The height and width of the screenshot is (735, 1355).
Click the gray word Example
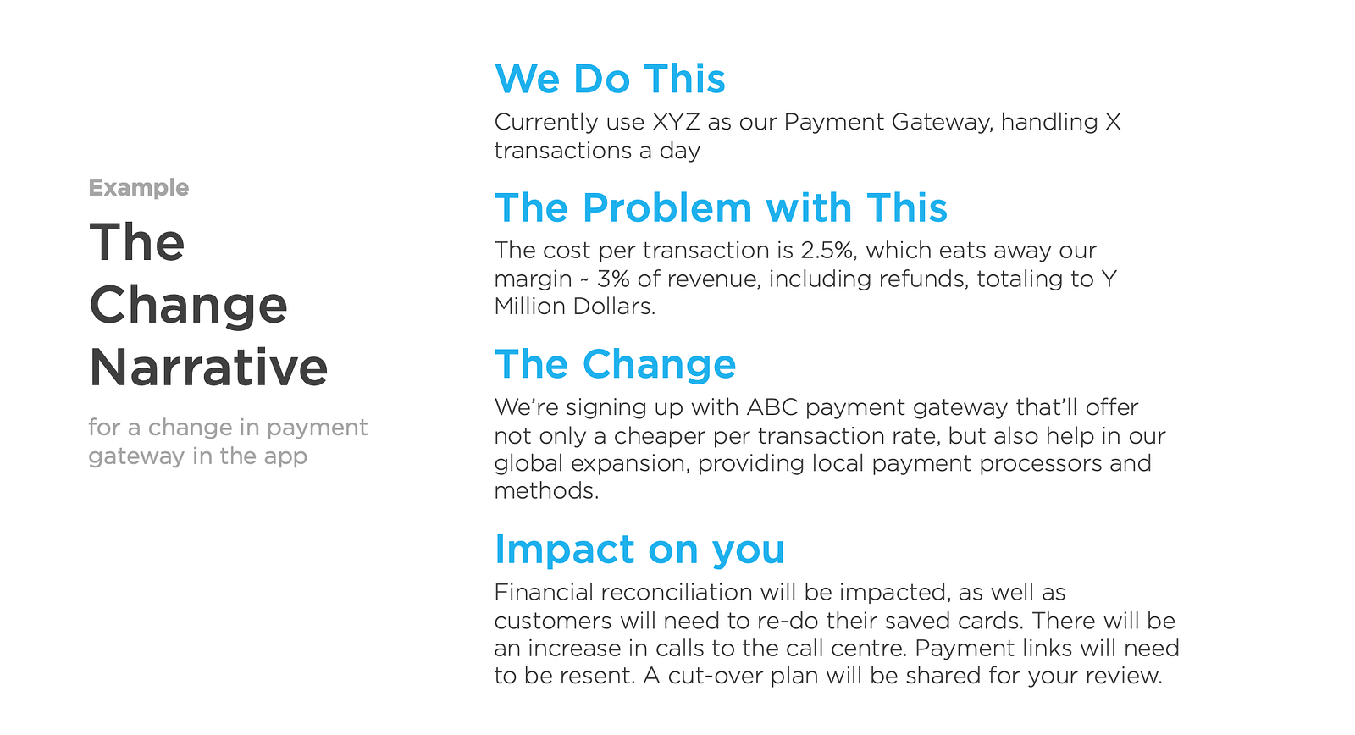click(x=139, y=188)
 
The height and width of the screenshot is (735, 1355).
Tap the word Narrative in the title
click(x=208, y=367)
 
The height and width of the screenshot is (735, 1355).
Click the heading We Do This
click(x=610, y=79)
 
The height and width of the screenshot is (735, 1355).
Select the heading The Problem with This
click(x=721, y=207)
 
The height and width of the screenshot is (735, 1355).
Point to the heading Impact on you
click(x=639, y=550)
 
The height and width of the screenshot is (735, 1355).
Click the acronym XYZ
click(x=676, y=122)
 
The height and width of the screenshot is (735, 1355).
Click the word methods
click(x=546, y=490)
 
